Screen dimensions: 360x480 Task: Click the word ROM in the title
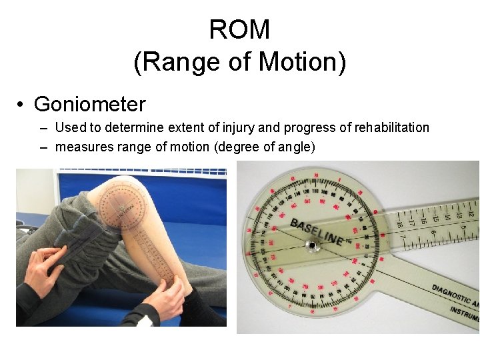[x=239, y=30]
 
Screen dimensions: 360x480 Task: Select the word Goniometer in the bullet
[x=89, y=104]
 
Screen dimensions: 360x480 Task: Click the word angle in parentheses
[x=293, y=147]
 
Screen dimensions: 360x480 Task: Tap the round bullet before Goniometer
[x=22, y=105]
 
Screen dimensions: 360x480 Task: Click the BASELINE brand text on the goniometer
[x=317, y=231]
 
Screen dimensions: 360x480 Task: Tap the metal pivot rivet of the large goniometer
[x=311, y=246]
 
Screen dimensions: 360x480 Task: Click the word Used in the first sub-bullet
[x=69, y=127]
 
